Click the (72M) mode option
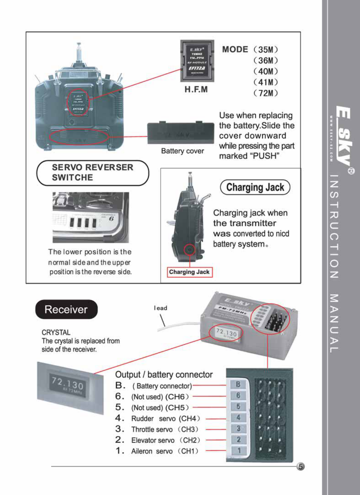pos(265,93)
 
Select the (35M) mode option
pos(265,50)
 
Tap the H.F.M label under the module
pos(196,89)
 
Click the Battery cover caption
pos(183,151)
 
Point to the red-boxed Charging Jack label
pos(190,272)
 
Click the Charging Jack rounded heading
pos(255,187)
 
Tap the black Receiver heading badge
pos(66,309)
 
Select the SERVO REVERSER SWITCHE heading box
pos(93,173)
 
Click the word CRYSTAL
pos(56,333)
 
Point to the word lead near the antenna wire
pos(161,308)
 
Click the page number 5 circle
pos(300,466)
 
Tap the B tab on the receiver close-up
pos(238,385)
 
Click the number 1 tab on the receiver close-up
pos(239,451)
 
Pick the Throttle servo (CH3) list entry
pos(164,429)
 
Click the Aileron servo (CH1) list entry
pos(164,451)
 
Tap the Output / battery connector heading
pos(164,375)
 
